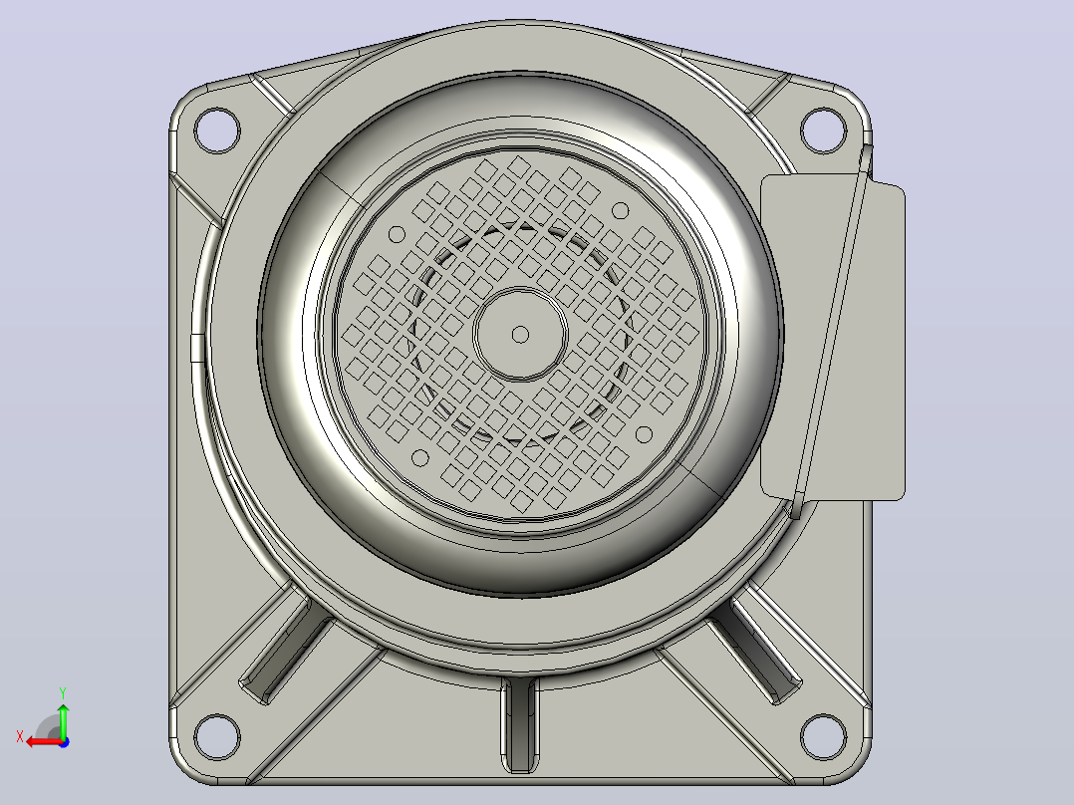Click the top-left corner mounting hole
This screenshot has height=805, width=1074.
pos(217,131)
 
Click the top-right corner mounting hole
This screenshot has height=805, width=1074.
pos(823,131)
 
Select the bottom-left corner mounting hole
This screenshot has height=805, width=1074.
pos(217,736)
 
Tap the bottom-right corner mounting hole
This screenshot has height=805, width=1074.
pos(823,736)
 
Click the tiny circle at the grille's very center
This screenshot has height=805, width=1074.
pos(520,335)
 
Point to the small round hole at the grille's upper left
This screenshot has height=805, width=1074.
pos(397,235)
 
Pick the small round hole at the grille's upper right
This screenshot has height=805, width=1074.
pos(620,210)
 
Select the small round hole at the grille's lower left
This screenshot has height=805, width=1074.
pos(420,458)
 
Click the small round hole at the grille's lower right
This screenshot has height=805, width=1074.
pos(644,434)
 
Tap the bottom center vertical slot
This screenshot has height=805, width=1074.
pos(520,724)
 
